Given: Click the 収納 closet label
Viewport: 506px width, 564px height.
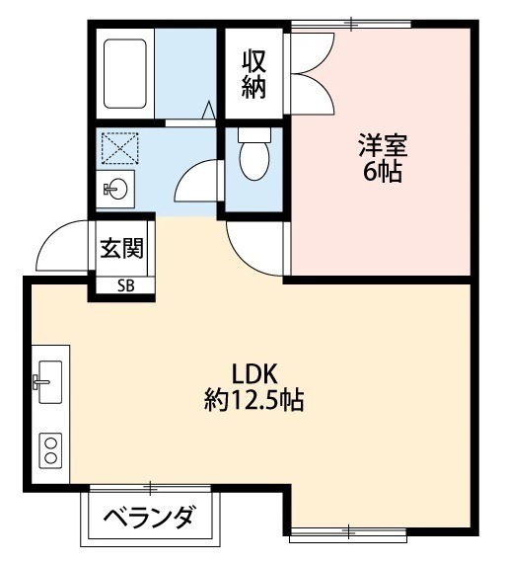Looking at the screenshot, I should click(x=254, y=74).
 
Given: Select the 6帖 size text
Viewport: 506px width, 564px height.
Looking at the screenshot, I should click(x=382, y=174).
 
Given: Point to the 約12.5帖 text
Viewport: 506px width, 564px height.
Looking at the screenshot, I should click(x=253, y=401).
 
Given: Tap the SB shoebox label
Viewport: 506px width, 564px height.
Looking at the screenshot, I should click(x=126, y=286).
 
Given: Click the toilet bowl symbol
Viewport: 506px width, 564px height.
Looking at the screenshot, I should click(x=253, y=158).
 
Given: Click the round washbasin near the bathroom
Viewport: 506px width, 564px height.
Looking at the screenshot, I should click(x=117, y=187).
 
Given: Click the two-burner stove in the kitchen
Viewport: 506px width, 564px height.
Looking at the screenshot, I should click(x=49, y=449).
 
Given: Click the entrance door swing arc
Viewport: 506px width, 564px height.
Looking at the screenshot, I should click(x=64, y=247).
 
